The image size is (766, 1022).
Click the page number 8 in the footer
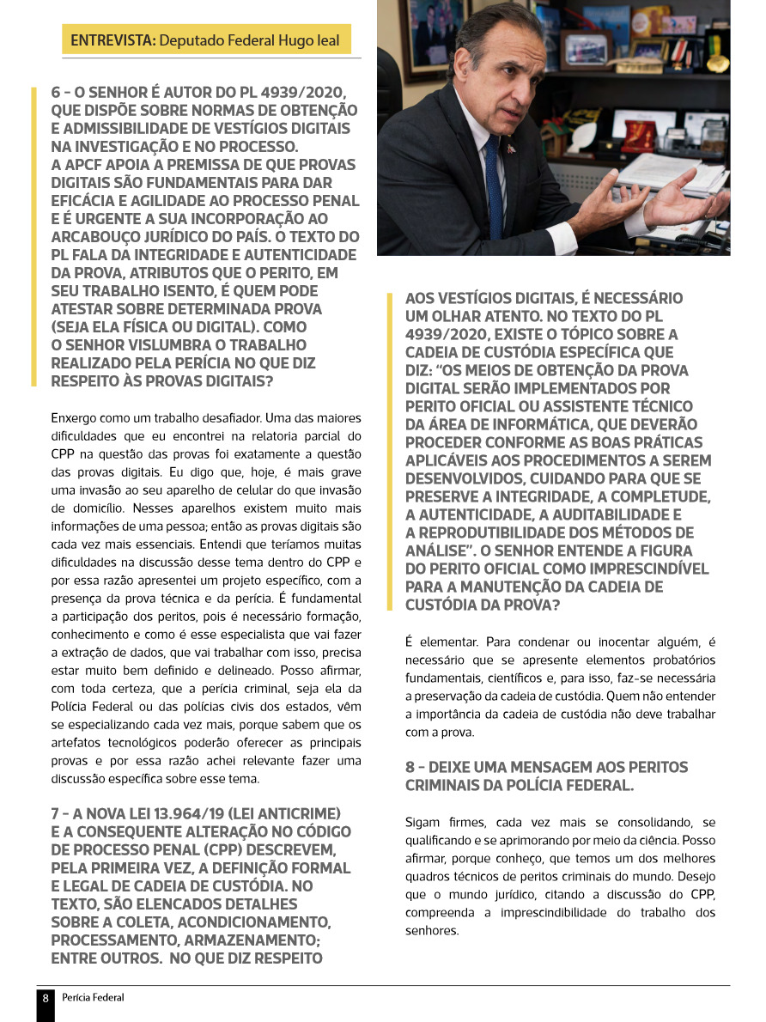[46, 997]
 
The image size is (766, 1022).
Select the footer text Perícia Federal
[93, 997]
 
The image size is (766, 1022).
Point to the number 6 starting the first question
[56, 92]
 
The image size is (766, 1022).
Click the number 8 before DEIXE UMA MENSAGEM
[410, 766]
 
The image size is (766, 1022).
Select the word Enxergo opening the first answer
[75, 418]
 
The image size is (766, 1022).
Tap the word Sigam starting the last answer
[423, 822]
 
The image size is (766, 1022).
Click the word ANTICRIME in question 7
[295, 813]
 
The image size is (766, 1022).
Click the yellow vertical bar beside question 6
[33, 236]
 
